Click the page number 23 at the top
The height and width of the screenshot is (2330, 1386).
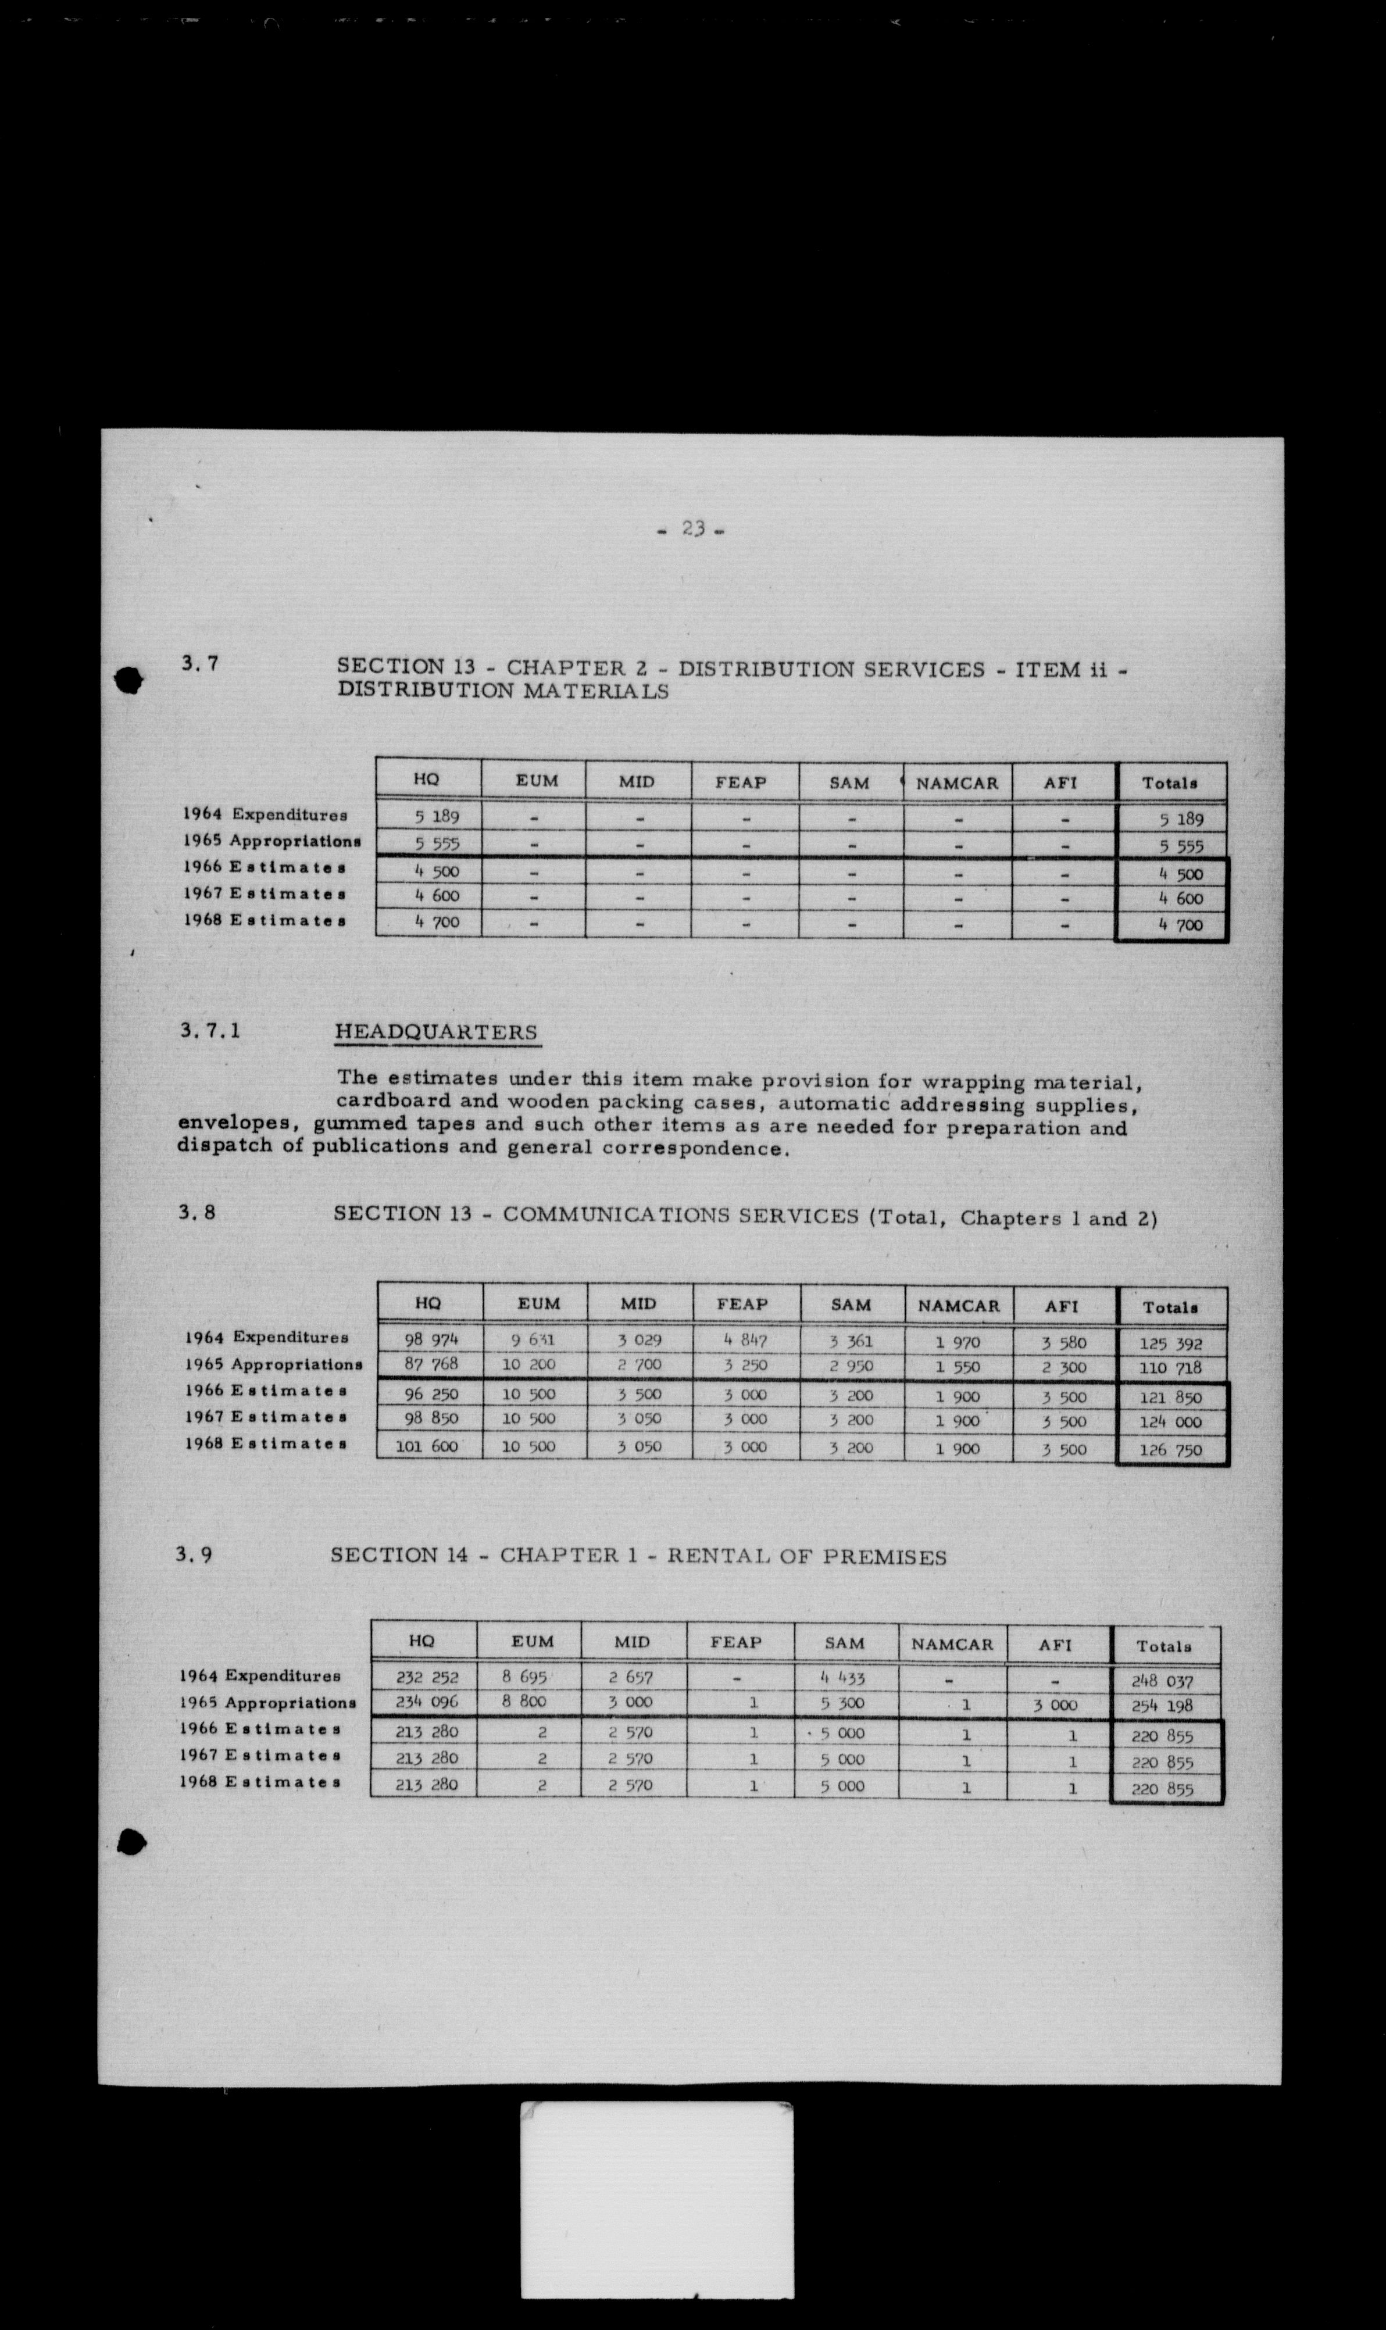point(692,528)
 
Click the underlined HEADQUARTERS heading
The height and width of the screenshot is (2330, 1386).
point(435,1032)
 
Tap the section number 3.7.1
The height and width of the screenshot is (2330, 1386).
point(210,1031)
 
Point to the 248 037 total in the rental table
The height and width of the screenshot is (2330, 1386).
point(1163,1681)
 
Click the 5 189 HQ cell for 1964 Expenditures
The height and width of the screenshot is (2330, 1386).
point(436,816)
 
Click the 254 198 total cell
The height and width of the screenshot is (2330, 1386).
point(1163,1705)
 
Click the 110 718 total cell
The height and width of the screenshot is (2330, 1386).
point(1170,1368)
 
